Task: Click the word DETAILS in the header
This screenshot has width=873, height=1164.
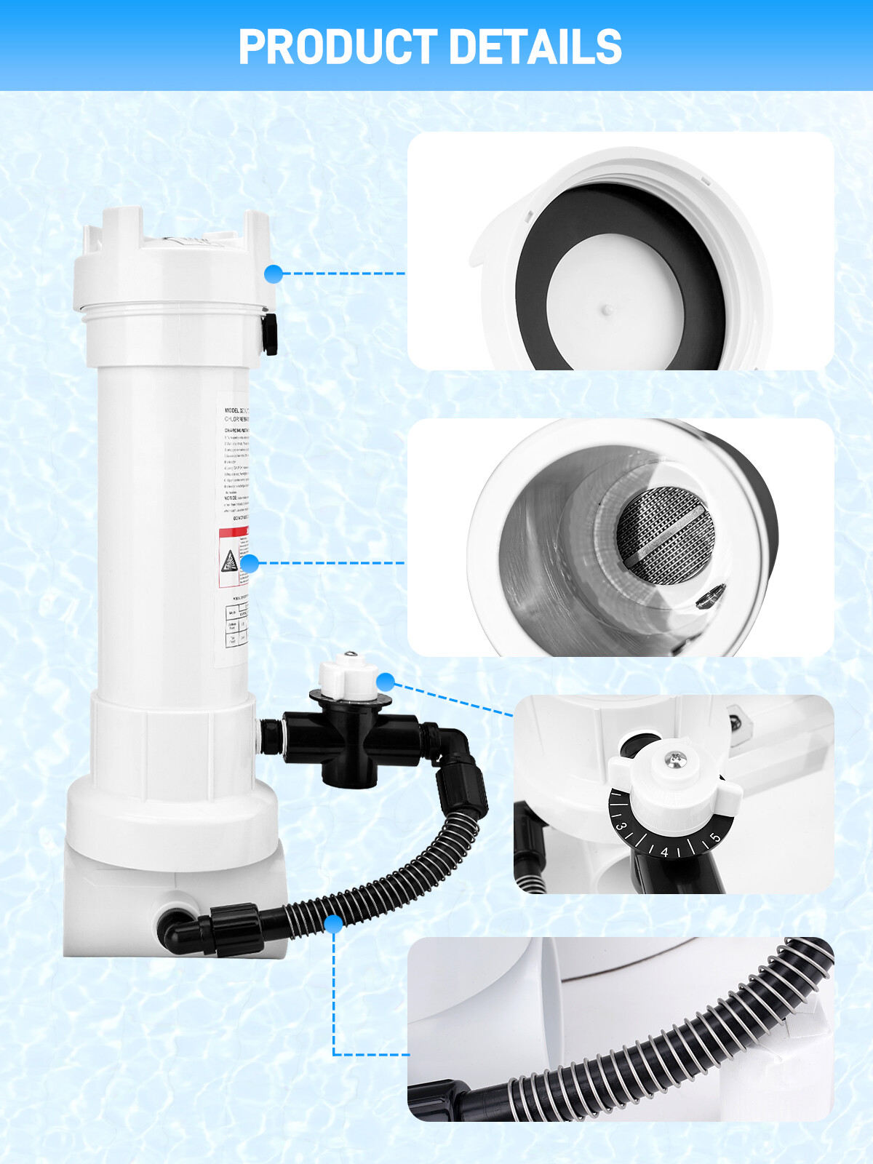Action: tap(535, 47)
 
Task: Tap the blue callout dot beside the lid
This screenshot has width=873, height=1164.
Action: tap(274, 274)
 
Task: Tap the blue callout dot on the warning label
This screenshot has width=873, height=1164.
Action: tap(250, 563)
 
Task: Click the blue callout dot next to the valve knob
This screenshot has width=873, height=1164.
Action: tap(386, 682)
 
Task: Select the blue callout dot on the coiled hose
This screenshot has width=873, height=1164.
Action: tap(333, 924)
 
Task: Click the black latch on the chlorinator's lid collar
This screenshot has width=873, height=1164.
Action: tap(270, 334)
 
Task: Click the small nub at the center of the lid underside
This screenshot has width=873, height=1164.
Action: tap(607, 310)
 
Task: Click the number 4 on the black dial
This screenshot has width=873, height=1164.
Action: tap(664, 852)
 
